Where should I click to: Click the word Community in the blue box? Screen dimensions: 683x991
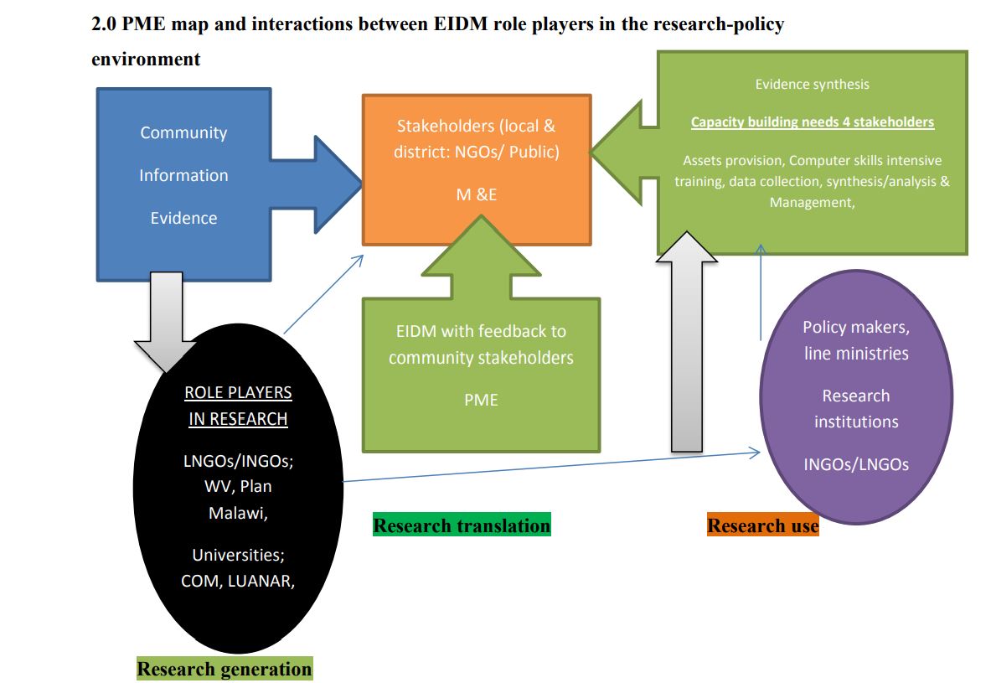pyautogui.click(x=183, y=132)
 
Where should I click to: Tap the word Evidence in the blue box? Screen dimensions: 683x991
pyautogui.click(x=183, y=218)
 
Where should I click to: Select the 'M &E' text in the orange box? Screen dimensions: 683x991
pyautogui.click(x=476, y=194)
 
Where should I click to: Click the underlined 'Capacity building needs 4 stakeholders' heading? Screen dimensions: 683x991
pyautogui.click(x=812, y=122)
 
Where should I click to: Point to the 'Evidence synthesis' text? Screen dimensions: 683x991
pyautogui.click(x=812, y=84)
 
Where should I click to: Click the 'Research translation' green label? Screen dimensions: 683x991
pyautogui.click(x=462, y=525)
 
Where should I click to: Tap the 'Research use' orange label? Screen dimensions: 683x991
pyautogui.click(x=762, y=525)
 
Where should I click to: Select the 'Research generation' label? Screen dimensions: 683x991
pyautogui.click(x=224, y=669)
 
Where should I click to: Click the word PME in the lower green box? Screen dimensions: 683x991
pyautogui.click(x=481, y=400)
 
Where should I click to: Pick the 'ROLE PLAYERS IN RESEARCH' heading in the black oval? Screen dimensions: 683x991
pyautogui.click(x=238, y=406)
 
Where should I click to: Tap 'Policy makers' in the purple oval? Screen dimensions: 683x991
pyautogui.click(x=855, y=327)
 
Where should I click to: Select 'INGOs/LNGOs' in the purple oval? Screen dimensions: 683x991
pyautogui.click(x=855, y=464)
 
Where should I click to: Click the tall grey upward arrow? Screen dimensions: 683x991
pyautogui.click(x=687, y=352)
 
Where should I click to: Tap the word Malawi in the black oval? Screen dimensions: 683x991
pyautogui.click(x=238, y=512)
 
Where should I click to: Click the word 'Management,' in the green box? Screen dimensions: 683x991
pyautogui.click(x=812, y=202)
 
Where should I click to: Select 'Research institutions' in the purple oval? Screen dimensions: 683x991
pyautogui.click(x=855, y=408)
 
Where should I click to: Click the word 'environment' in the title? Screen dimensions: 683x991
pyautogui.click(x=146, y=60)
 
